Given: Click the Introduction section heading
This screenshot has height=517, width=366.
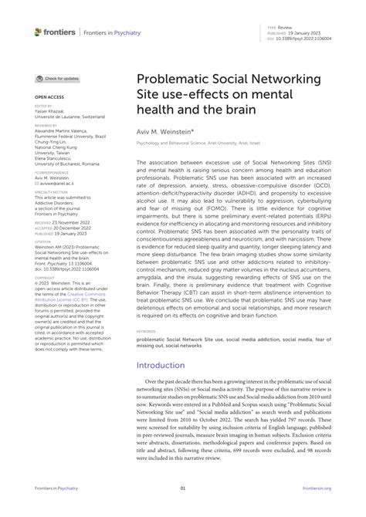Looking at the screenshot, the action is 165,365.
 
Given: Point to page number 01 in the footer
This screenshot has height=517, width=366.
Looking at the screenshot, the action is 183,488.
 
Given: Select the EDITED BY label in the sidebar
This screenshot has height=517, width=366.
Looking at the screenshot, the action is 43,106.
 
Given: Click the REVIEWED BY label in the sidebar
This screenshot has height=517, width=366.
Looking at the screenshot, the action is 46,123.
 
